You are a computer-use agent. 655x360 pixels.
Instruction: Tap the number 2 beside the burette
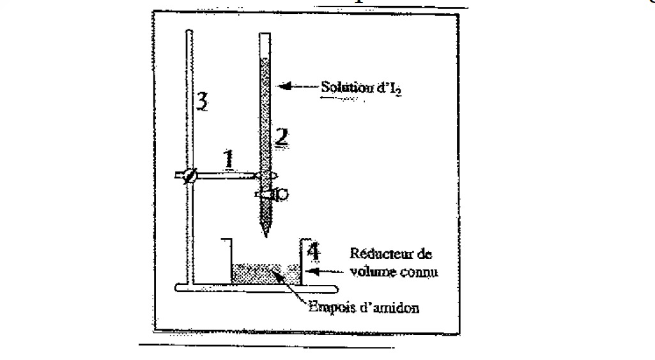pyautogui.click(x=281, y=136)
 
